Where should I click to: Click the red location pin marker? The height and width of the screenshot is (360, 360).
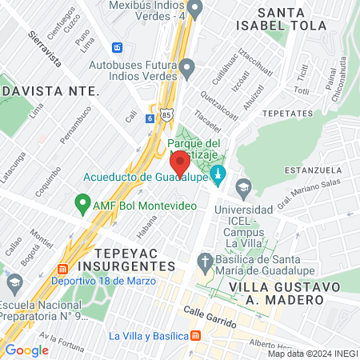(x=180, y=162)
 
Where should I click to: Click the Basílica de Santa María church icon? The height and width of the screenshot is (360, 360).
(x=206, y=262)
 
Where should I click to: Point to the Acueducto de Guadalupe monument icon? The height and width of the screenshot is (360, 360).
(x=216, y=175)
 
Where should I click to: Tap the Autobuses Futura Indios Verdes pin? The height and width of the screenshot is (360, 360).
(x=187, y=70)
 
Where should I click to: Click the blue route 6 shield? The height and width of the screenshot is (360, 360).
(x=150, y=118)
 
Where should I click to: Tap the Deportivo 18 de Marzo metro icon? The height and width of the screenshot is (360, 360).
(x=63, y=269)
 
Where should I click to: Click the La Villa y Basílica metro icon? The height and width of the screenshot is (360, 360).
(x=195, y=336)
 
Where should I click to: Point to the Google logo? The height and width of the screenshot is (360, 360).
(x=26, y=350)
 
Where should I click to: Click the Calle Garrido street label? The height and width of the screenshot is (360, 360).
(x=210, y=318)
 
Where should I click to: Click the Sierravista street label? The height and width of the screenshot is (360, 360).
(x=46, y=47)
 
